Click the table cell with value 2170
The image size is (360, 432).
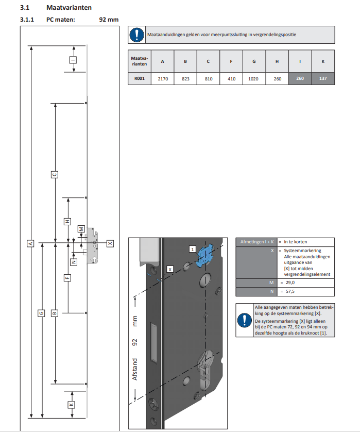click(163, 79)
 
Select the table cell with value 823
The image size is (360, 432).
click(185, 79)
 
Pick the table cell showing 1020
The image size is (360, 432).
click(254, 79)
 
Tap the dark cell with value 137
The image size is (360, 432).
click(322, 79)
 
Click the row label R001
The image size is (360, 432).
click(139, 79)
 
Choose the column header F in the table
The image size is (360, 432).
click(231, 61)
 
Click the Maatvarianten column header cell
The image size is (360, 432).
click(139, 61)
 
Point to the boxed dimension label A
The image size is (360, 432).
click(30, 243)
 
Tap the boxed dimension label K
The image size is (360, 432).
click(72, 405)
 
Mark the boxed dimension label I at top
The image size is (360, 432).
click(73, 60)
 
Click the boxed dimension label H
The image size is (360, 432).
click(67, 221)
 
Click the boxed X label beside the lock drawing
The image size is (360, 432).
click(110, 242)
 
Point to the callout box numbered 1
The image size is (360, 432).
click(192, 249)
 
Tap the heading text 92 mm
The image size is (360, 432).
click(109, 20)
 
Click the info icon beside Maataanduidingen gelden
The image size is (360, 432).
click(136, 35)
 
